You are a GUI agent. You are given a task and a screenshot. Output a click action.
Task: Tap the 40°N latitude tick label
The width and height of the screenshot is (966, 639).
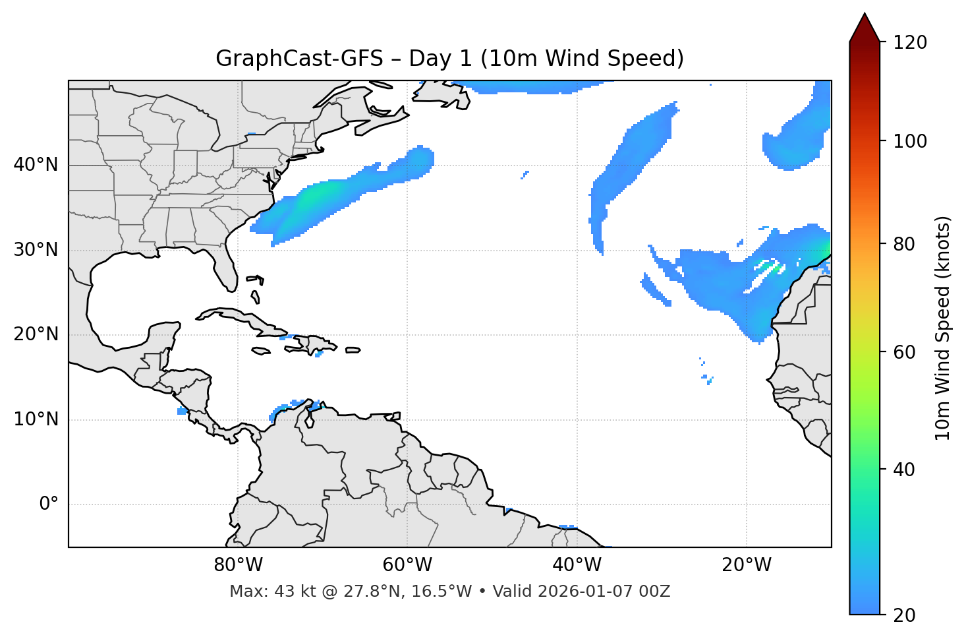(36, 165)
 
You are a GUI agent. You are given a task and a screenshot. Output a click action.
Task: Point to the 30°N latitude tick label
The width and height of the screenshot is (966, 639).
(36, 250)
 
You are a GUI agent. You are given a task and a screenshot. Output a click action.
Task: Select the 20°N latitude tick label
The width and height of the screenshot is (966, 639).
(36, 334)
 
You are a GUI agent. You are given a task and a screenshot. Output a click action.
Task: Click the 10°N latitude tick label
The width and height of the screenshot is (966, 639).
(36, 419)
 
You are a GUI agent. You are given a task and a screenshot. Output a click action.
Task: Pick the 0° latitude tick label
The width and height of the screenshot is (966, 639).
(48, 504)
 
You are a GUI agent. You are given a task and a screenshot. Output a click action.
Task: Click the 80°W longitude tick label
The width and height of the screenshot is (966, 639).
(238, 565)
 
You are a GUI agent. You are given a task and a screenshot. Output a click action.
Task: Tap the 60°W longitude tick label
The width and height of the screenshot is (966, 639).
(407, 565)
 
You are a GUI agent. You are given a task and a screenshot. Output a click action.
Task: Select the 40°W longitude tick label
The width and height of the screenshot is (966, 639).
(577, 565)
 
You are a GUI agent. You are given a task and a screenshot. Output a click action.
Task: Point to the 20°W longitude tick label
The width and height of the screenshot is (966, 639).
(746, 565)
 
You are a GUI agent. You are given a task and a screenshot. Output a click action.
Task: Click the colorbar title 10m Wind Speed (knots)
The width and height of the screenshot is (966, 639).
(943, 328)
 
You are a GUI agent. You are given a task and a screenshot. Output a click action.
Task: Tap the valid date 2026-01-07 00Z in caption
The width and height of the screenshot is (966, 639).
(604, 592)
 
